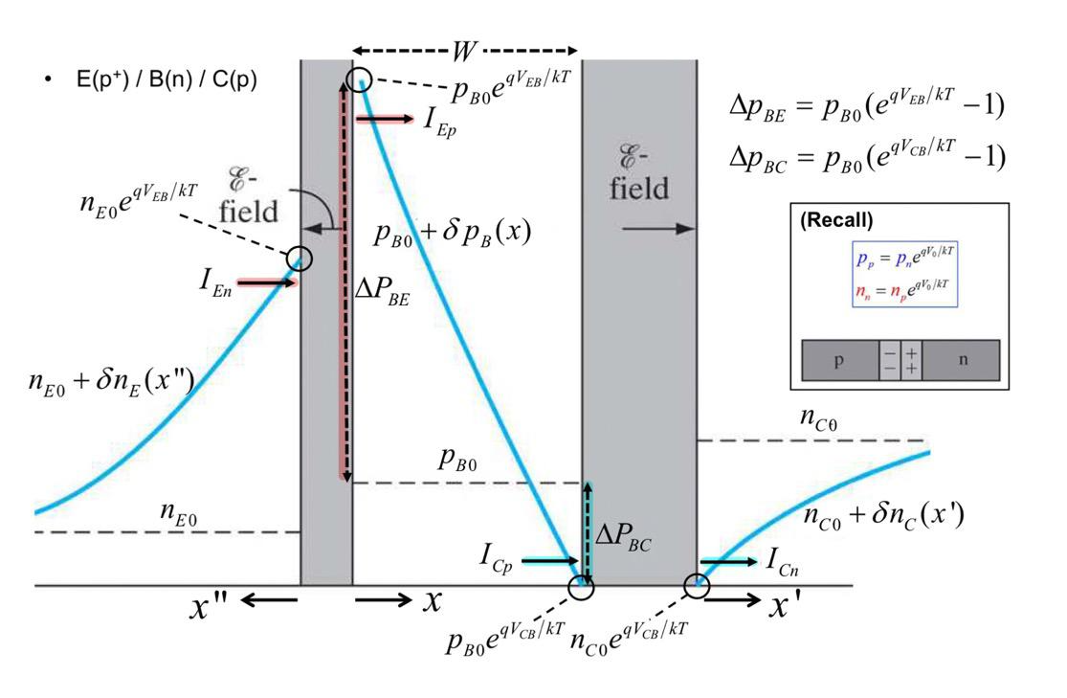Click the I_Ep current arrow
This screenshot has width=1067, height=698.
click(382, 119)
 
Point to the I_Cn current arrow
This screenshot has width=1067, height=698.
click(727, 561)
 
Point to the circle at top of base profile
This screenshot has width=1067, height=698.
click(359, 79)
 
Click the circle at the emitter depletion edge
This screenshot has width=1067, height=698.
click(300, 258)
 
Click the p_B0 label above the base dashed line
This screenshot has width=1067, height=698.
click(459, 460)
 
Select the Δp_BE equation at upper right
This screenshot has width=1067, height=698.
click(866, 106)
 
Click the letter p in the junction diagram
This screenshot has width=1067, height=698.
click(839, 362)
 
